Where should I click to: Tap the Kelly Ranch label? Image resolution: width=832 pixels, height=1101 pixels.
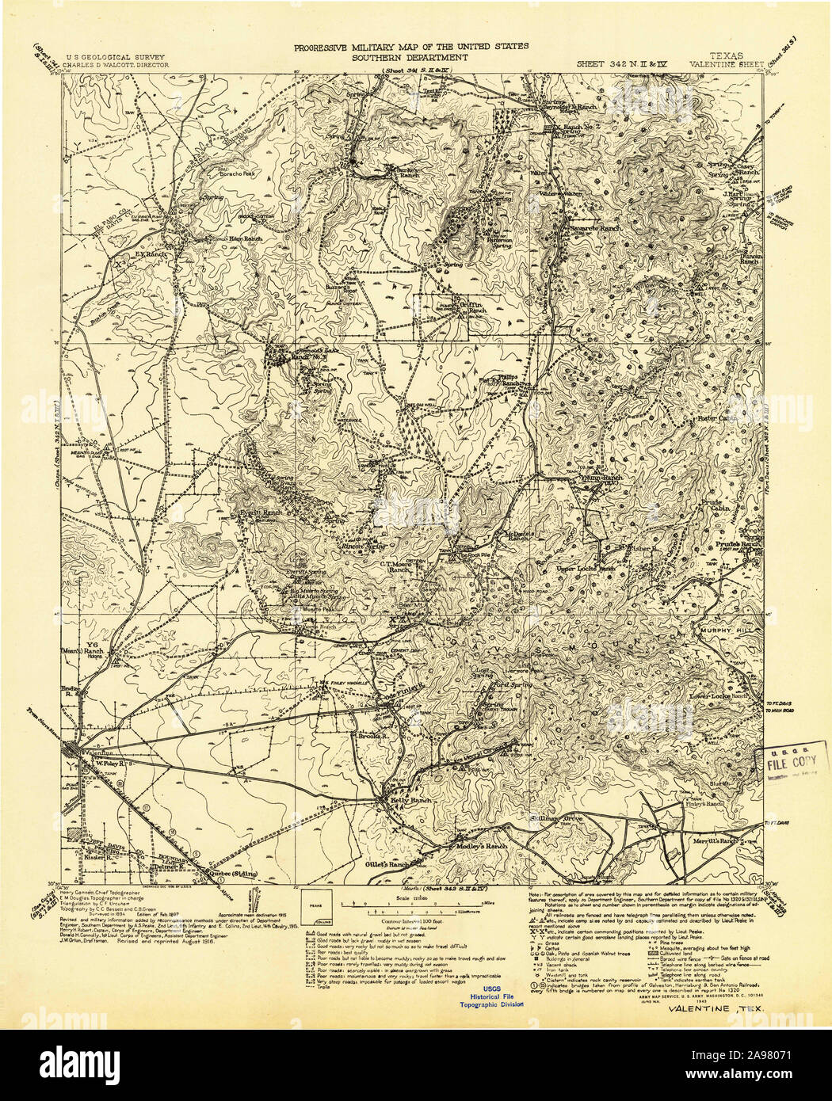point(411,801)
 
